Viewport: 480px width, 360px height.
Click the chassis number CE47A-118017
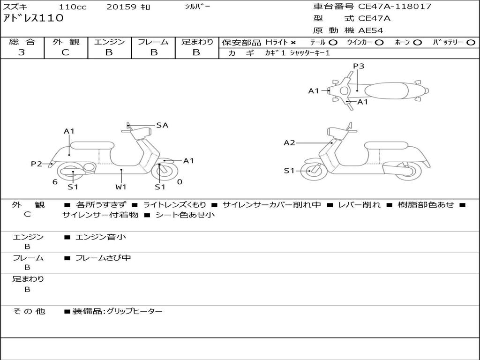point(395,7)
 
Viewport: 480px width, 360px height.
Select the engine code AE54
point(371,30)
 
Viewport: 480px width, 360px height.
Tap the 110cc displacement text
point(71,7)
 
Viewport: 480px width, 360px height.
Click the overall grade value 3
point(22,52)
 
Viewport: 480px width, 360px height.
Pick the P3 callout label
point(359,66)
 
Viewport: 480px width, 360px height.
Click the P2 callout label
point(37,164)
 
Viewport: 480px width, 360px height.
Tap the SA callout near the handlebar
point(162,125)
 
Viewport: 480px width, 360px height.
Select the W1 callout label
point(121,187)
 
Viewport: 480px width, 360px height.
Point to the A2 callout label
point(290,142)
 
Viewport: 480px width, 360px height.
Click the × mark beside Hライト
point(293,43)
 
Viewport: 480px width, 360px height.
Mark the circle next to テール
point(333,42)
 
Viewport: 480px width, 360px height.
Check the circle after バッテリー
point(471,42)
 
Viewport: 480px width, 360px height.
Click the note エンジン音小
point(100,237)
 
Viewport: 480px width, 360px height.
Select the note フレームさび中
point(103,258)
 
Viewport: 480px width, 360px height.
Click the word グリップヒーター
point(135,311)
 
